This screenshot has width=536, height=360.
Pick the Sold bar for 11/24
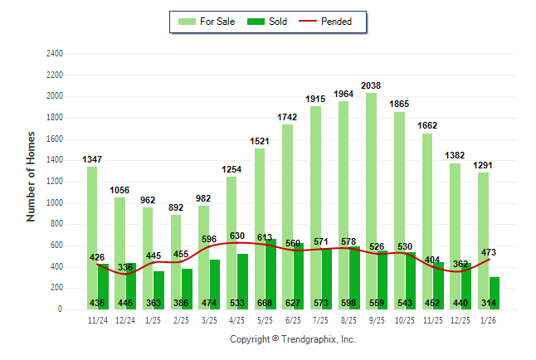pyautogui.click(x=103, y=286)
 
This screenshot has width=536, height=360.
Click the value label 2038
pyautogui.click(x=371, y=85)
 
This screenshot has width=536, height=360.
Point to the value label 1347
pyautogui.click(x=92, y=158)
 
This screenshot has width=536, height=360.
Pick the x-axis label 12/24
pyautogui.click(x=125, y=320)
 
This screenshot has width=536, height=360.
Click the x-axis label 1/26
pyautogui.click(x=490, y=320)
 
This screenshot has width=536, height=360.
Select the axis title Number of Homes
pyautogui.click(x=31, y=176)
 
